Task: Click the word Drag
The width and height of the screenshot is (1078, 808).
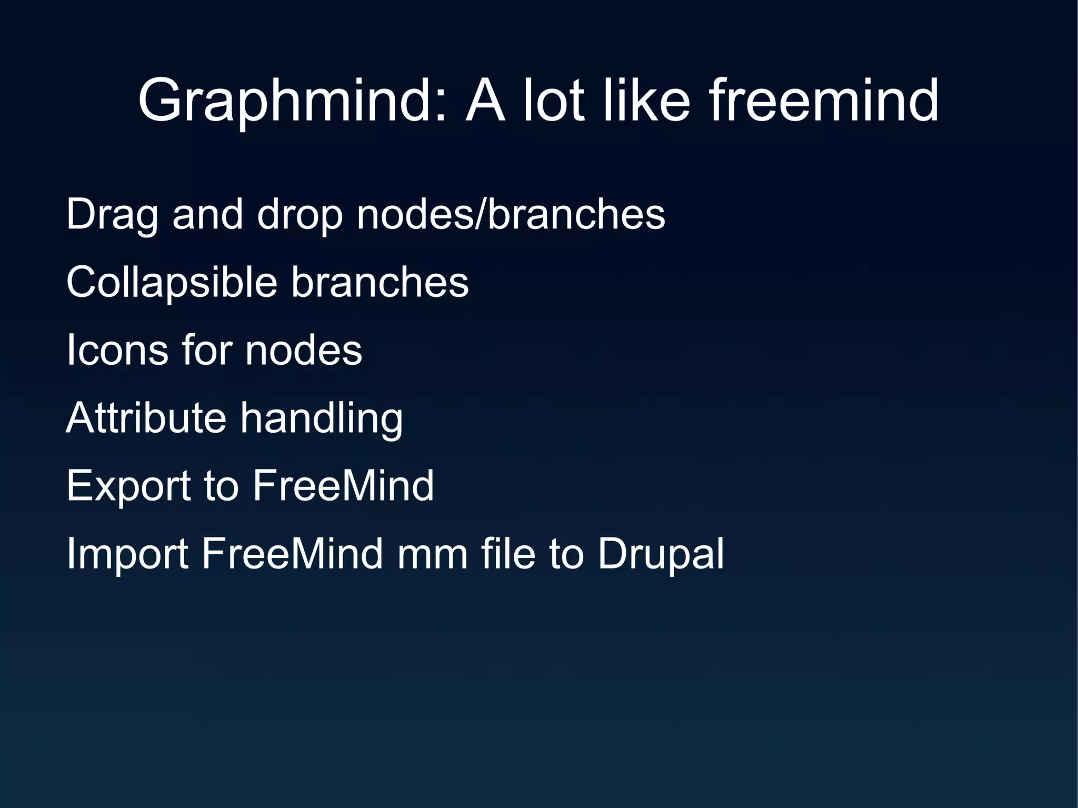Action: pyautogui.click(x=112, y=216)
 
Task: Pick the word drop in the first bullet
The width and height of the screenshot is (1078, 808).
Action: pyautogui.click(x=300, y=216)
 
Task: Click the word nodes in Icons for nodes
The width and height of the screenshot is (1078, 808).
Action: pyautogui.click(x=304, y=350)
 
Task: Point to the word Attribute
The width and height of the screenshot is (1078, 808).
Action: pyautogui.click(x=146, y=417)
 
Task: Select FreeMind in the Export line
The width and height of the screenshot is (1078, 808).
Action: pyautogui.click(x=343, y=485)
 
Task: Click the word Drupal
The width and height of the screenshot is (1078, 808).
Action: pyautogui.click(x=661, y=554)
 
